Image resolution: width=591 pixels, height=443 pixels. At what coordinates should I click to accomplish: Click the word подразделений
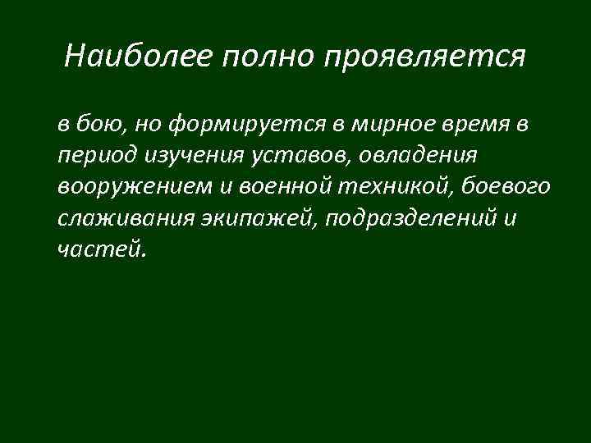(x=404, y=218)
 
